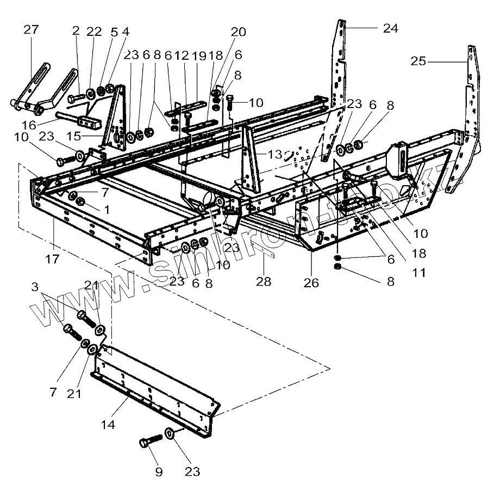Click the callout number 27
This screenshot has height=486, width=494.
click(31, 29)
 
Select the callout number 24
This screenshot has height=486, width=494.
click(390, 29)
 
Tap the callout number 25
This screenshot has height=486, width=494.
click(418, 61)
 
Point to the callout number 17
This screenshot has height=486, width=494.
click(52, 260)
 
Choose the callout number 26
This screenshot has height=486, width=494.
click(311, 283)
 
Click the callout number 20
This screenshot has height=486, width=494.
click(238, 33)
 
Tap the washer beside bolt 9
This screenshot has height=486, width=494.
click(169, 432)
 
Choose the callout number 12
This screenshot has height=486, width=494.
click(182, 55)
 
